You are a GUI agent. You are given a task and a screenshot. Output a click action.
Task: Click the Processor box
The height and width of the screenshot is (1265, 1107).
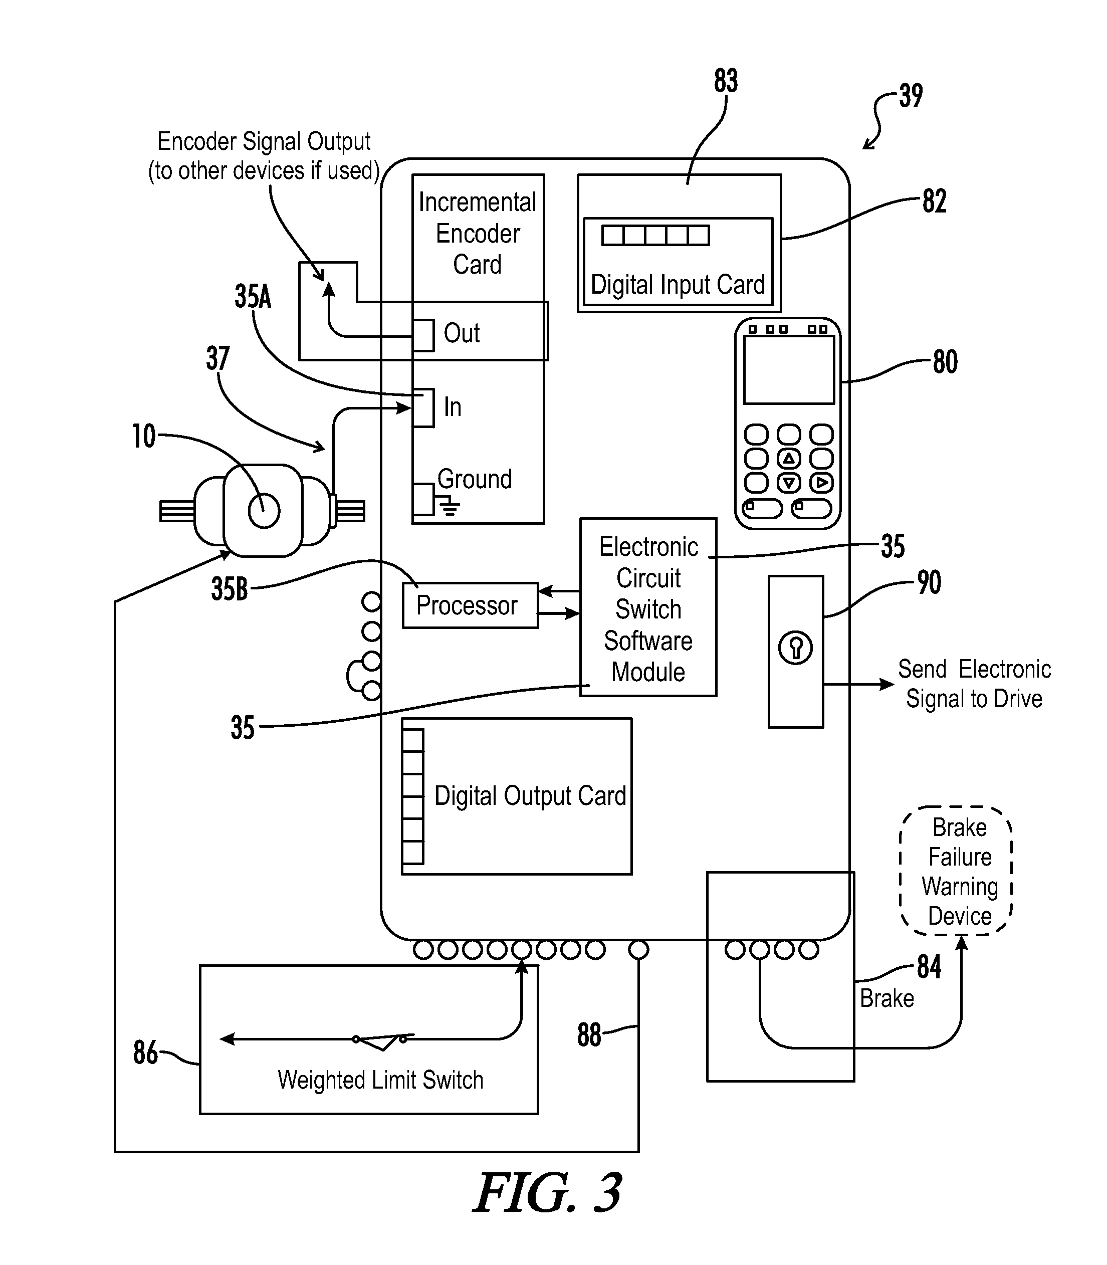[470, 605]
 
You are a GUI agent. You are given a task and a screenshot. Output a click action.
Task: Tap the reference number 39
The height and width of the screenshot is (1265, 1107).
[911, 96]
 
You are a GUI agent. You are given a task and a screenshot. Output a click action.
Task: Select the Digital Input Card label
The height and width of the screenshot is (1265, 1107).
[678, 285]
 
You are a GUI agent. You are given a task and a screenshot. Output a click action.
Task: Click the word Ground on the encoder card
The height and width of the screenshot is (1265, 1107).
[475, 479]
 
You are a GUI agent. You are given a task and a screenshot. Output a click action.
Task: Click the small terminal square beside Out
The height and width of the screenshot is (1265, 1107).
[423, 335]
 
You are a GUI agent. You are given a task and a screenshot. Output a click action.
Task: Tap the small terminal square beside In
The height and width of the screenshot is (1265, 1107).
[423, 407]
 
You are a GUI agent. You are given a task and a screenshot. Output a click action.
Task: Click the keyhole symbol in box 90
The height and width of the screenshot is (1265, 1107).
[796, 648]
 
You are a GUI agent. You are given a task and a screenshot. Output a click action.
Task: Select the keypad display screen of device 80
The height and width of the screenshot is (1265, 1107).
[789, 370]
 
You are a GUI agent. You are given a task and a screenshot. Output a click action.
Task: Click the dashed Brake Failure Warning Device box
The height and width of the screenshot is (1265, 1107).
[956, 871]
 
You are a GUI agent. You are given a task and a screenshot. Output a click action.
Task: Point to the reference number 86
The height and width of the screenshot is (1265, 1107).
[146, 1052]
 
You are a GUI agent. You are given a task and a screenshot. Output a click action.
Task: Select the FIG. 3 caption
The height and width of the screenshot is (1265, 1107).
[547, 1193]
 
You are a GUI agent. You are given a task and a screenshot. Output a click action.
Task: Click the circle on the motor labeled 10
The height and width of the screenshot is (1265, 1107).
[264, 511]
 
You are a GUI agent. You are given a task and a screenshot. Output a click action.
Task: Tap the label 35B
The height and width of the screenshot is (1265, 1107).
[229, 588]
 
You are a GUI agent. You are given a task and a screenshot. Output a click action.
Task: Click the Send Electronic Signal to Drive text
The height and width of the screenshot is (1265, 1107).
[974, 684]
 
